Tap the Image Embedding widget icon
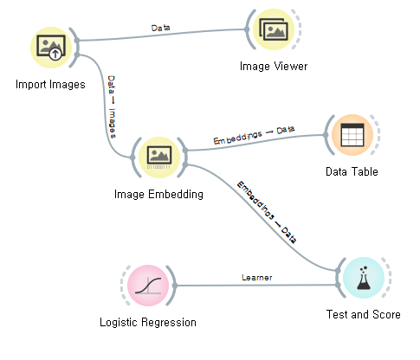[158, 157]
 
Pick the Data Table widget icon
[352, 136]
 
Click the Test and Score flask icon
[363, 279]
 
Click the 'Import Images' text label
[50, 85]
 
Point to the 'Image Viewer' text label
[275, 66]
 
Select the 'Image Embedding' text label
[158, 194]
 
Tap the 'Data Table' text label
[352, 171]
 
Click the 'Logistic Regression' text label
[148, 323]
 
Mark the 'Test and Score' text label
[363, 315]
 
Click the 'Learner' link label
[257, 278]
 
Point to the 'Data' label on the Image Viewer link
[161, 28]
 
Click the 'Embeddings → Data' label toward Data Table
[254, 135]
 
